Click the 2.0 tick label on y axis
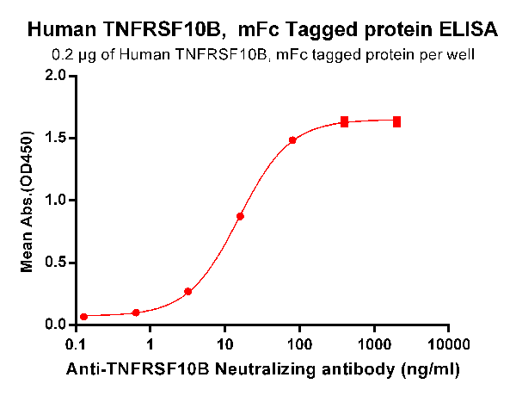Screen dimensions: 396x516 click(x=56, y=76)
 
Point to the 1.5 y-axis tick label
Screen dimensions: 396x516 click(x=56, y=139)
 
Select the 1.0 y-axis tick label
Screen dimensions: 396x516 click(x=56, y=201)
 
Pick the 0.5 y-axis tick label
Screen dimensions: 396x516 click(x=56, y=263)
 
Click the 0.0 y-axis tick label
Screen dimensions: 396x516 click(x=56, y=325)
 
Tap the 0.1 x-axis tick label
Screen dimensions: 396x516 click(x=76, y=344)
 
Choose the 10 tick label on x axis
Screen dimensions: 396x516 click(x=224, y=344)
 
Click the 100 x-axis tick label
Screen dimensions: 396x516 click(x=299, y=344)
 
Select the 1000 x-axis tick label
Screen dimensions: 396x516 click(x=374, y=344)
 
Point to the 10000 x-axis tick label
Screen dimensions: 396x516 click(x=448, y=344)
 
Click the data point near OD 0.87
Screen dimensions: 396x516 click(x=240, y=216)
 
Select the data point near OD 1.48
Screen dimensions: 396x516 click(x=292, y=140)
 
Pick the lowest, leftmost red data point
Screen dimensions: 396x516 click(x=83, y=317)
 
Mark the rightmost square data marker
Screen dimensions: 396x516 click(x=397, y=121)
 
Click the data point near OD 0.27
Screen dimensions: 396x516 click(x=187, y=291)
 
